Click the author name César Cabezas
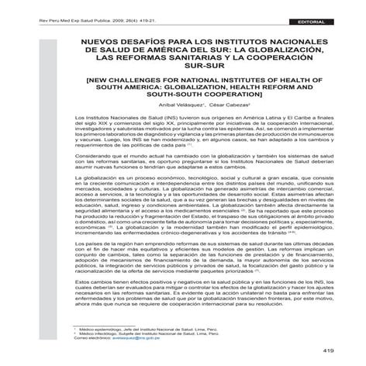(x=208, y=114)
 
